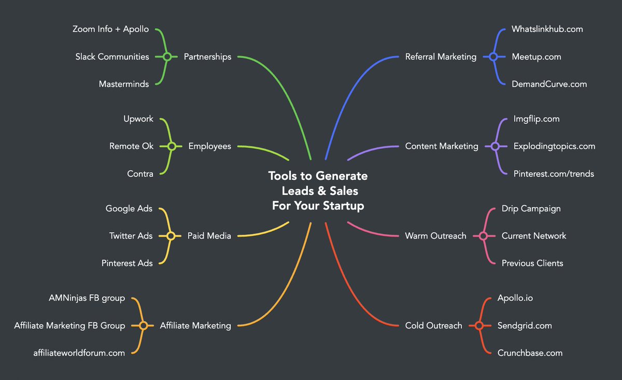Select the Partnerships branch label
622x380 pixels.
pyautogui.click(x=207, y=57)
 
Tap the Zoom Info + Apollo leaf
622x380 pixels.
pyautogui.click(x=110, y=29)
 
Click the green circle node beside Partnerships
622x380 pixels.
pyautogui.click(x=167, y=57)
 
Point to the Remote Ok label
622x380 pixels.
pyautogui.click(x=131, y=146)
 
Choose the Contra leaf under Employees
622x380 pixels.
pyautogui.click(x=140, y=174)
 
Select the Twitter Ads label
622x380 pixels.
pyautogui.click(x=131, y=236)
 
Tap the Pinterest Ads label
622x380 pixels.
pyautogui.click(x=127, y=263)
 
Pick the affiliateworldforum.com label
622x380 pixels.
pyautogui.click(x=79, y=353)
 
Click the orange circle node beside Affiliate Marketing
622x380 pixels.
pyautogui.click(x=144, y=326)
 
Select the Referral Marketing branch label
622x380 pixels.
pyautogui.click(x=441, y=57)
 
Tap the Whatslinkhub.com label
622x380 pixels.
pyautogui.click(x=547, y=29)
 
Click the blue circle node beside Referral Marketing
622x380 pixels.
pyautogui.click(x=493, y=57)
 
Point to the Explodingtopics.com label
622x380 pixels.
pyautogui.click(x=554, y=146)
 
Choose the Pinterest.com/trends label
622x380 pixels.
pyautogui.click(x=554, y=174)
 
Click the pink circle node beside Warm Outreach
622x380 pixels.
pyautogui.click(x=484, y=236)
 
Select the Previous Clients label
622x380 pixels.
pyautogui.click(x=532, y=263)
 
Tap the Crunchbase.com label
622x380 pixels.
pyautogui.click(x=530, y=353)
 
